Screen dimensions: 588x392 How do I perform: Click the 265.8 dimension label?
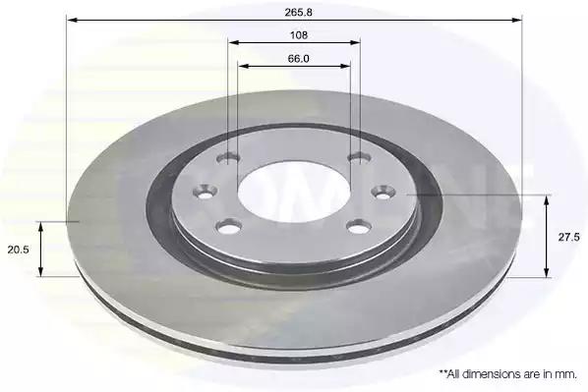298,13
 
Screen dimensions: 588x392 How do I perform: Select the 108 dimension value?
299,35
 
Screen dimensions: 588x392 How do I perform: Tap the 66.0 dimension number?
299,59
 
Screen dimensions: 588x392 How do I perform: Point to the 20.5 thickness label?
18,250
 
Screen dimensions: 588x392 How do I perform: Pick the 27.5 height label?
569,237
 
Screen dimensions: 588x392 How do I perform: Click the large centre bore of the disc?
294,193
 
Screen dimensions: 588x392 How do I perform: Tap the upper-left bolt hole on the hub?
229,158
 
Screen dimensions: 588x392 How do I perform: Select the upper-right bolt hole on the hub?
360,158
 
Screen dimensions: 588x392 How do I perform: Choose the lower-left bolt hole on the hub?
228,227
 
